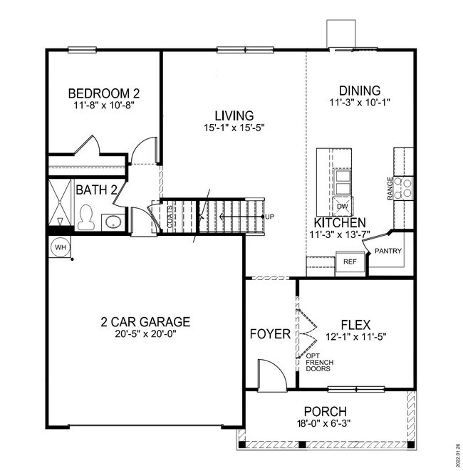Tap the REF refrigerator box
tap(350, 262)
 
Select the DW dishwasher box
tap(343, 206)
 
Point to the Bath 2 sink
tap(113, 222)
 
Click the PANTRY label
tap(389, 251)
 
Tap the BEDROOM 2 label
tap(103, 93)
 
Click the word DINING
tap(360, 90)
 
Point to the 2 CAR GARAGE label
tap(145, 321)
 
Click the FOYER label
tap(270, 333)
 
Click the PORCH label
tap(325, 411)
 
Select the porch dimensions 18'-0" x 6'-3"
tap(325, 424)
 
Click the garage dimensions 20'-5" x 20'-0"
tap(145, 334)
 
